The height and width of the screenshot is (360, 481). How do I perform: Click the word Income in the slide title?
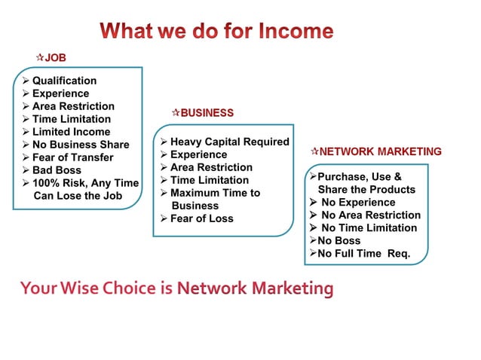296,32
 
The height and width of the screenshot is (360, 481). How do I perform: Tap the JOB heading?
56,57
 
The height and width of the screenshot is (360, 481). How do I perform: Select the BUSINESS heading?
207,113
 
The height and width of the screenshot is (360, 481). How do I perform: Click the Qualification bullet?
64,81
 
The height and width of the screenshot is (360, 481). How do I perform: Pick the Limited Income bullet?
71,132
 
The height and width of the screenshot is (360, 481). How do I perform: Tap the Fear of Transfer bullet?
72,157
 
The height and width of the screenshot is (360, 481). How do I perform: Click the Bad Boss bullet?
57,170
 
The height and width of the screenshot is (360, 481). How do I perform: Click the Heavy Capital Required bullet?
229,142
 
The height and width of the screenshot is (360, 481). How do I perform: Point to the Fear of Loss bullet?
201,218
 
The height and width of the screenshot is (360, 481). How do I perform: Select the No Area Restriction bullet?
370,215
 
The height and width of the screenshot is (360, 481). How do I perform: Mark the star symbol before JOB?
40,57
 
